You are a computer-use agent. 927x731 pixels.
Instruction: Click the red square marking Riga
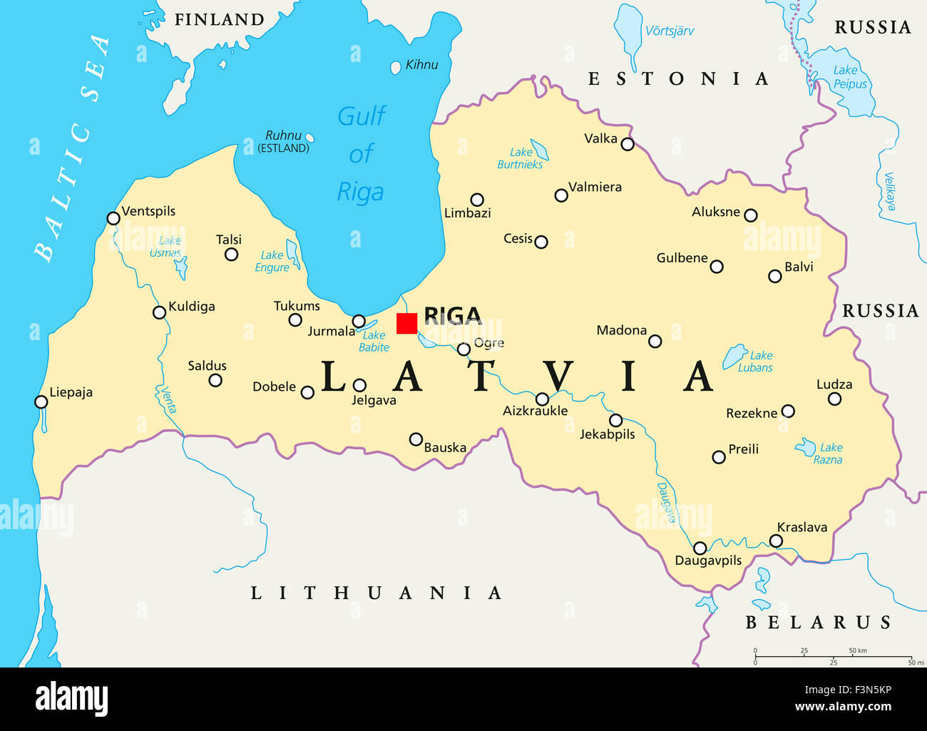pos(406,323)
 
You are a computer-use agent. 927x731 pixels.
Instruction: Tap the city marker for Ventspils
pos(113,218)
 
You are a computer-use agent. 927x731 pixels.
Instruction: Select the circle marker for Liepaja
pos(41,402)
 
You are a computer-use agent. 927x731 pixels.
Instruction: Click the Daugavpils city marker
pos(700,548)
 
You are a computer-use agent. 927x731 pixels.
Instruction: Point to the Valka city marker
pos(628,144)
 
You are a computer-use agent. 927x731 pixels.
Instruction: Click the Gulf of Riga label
pos(361,153)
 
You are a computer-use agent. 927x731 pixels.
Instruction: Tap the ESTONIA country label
pos(677,78)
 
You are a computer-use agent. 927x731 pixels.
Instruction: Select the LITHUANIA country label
pos(376,593)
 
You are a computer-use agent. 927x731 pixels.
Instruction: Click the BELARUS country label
pos(818,623)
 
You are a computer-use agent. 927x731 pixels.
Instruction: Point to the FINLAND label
pos(220,20)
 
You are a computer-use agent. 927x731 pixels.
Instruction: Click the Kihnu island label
pos(421,65)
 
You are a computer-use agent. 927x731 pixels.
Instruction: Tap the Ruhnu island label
pos(283,136)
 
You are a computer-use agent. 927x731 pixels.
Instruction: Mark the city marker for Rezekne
pos(788,411)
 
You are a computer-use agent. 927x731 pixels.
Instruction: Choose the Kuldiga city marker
pos(160,312)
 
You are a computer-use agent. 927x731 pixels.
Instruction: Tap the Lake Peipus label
pos(849,77)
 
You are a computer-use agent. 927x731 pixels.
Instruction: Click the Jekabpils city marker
pos(615,420)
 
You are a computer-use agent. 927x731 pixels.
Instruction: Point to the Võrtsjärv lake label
pos(669,31)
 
